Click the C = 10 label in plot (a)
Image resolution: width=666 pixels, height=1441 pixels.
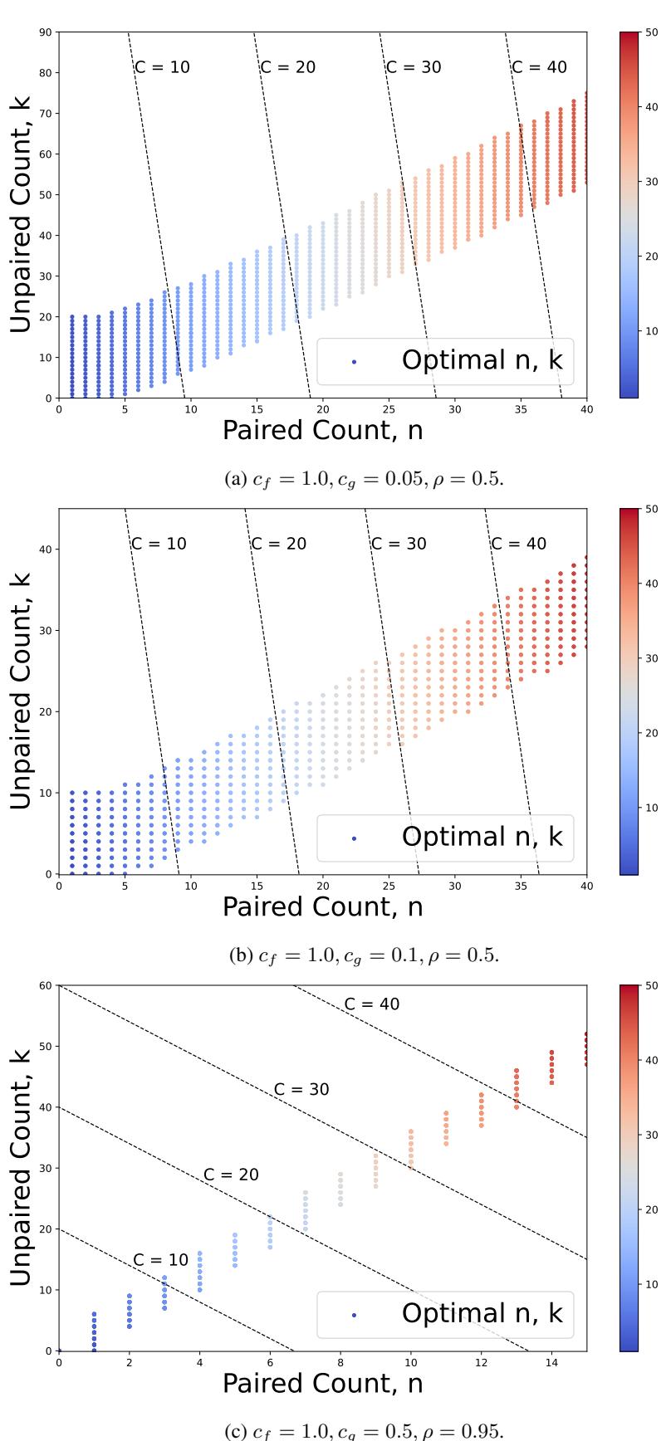pos(162,67)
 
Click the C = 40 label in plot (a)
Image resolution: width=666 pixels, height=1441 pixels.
pos(540,67)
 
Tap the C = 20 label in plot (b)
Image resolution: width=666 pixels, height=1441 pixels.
pos(278,544)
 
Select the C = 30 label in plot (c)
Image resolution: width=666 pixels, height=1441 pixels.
pos(301,1089)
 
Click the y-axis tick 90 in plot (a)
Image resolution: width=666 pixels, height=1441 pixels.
pos(47,32)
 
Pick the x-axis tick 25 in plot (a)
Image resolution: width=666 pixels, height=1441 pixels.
pos(389,409)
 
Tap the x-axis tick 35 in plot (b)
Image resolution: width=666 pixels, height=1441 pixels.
pos(521,886)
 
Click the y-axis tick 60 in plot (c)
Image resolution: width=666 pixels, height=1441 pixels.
pos(47,985)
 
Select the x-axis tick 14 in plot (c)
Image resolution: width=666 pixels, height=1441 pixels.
pos(551,1362)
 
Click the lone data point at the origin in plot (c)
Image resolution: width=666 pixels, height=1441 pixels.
pos(59,1351)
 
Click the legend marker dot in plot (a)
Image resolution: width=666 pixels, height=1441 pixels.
pos(355,362)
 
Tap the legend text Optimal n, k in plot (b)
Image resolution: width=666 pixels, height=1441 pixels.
pos(482,837)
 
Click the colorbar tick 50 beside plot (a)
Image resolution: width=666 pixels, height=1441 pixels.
pos(652,32)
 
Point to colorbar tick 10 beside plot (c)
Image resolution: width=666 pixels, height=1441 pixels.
pos(652,1283)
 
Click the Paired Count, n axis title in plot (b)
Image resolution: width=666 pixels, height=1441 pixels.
pos(322,906)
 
